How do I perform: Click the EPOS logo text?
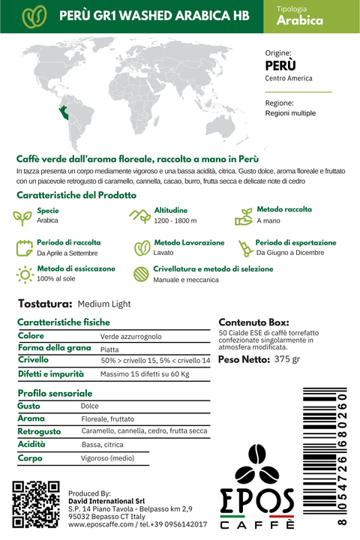pyautogui.click(x=257, y=499)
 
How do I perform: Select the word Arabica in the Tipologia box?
pyautogui.click(x=300, y=21)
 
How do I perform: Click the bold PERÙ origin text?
pyautogui.click(x=280, y=65)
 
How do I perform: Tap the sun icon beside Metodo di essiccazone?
pyautogui.click(x=25, y=274)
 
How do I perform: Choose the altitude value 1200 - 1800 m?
pyautogui.click(x=175, y=221)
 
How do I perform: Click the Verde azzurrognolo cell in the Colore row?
pyautogui.click(x=130, y=337)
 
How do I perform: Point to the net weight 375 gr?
pyautogui.click(x=286, y=359)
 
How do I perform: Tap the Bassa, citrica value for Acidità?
pyautogui.click(x=102, y=445)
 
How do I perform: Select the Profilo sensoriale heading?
pyautogui.click(x=55, y=393)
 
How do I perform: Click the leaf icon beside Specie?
pyautogui.click(x=23, y=216)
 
